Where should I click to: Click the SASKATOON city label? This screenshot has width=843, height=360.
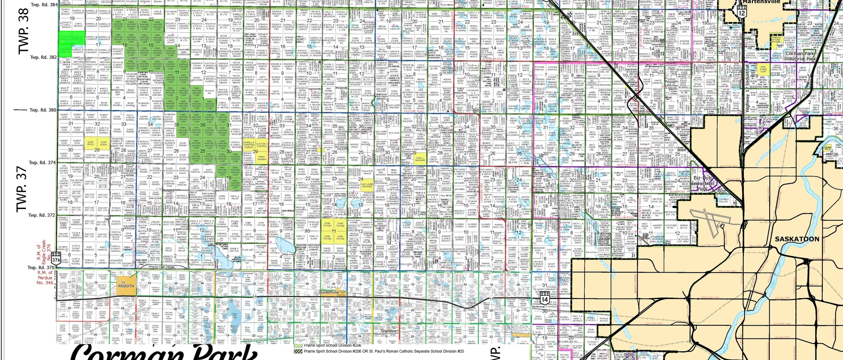point(797,239)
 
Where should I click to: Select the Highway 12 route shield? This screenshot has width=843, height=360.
point(742,13)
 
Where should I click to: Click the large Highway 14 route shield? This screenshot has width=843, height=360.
point(544,299)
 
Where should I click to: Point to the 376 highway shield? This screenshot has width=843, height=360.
point(56,260)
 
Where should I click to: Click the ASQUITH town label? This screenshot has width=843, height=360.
point(126,285)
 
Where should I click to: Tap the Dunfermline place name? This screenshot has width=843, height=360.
point(329,292)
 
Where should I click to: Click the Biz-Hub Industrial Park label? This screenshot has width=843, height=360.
point(704,183)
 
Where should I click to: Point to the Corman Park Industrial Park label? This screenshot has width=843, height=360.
point(800,56)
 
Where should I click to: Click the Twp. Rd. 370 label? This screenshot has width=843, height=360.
point(42,267)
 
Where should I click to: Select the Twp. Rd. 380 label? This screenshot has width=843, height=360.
point(43,110)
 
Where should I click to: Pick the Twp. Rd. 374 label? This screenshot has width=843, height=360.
point(43,162)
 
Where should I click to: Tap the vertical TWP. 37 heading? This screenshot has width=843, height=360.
point(22,189)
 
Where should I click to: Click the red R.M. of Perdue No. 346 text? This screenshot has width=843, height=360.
point(45,278)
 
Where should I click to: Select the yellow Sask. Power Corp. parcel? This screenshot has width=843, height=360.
point(763,69)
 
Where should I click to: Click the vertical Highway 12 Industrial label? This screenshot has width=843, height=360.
point(747,87)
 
